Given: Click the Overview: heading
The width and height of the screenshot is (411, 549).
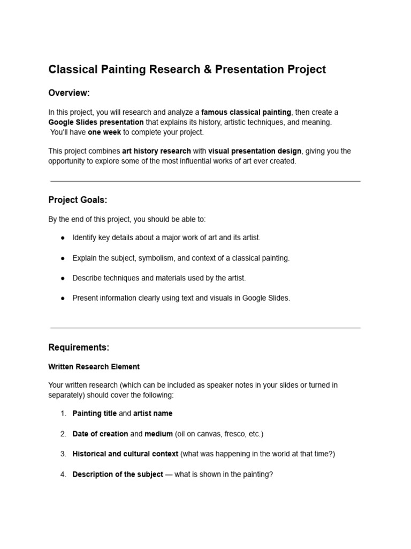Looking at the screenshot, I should click(69, 93).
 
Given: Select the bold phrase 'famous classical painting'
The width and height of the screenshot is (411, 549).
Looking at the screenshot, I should click(246, 113).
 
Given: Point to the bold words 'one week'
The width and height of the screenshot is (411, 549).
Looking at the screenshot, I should click(104, 132).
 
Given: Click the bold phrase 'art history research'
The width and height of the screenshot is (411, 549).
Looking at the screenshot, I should click(156, 151).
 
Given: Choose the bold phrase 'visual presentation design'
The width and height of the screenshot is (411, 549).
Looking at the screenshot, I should click(255, 151).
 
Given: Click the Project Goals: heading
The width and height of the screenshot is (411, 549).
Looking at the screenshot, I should click(78, 200).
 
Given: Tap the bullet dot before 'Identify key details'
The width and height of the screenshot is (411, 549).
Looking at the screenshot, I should click(63, 238).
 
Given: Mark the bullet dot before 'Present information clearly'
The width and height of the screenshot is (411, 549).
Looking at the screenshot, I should click(63, 299).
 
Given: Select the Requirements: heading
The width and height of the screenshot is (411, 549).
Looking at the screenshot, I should click(79, 347).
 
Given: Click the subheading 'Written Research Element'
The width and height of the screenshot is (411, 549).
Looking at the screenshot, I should click(94, 367).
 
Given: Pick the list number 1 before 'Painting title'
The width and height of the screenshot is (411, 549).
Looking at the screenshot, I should click(63, 413).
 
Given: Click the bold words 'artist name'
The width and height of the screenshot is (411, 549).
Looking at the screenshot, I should click(153, 413).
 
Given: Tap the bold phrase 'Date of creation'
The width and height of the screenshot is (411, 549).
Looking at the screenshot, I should click(100, 434).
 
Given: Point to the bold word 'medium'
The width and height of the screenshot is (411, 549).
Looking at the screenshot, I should click(158, 434).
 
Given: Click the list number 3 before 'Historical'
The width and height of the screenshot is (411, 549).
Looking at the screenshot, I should click(63, 454).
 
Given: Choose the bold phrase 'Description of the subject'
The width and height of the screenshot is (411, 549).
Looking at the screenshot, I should click(118, 474).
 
